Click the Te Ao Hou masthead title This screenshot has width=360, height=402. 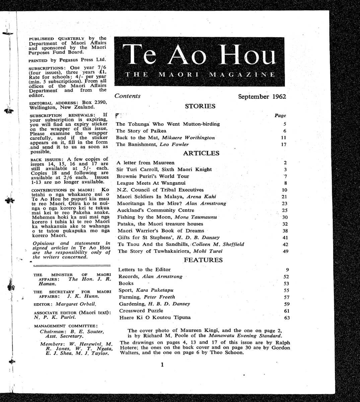[200, 55]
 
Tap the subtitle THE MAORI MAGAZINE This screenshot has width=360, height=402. [200, 74]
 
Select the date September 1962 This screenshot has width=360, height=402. [262, 97]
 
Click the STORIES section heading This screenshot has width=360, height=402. [200, 107]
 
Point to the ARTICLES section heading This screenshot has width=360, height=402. [201, 153]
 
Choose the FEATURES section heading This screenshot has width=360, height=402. [203, 260]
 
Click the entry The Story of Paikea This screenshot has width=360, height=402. [141, 131]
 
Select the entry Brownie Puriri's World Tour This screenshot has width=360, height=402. [153, 177]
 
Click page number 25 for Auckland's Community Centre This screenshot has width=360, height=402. [285, 210]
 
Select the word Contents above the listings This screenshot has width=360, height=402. [127, 96]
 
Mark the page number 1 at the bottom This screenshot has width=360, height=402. [162, 365]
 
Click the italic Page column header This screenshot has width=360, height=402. [280, 116]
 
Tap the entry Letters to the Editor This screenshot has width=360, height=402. [144, 270]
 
